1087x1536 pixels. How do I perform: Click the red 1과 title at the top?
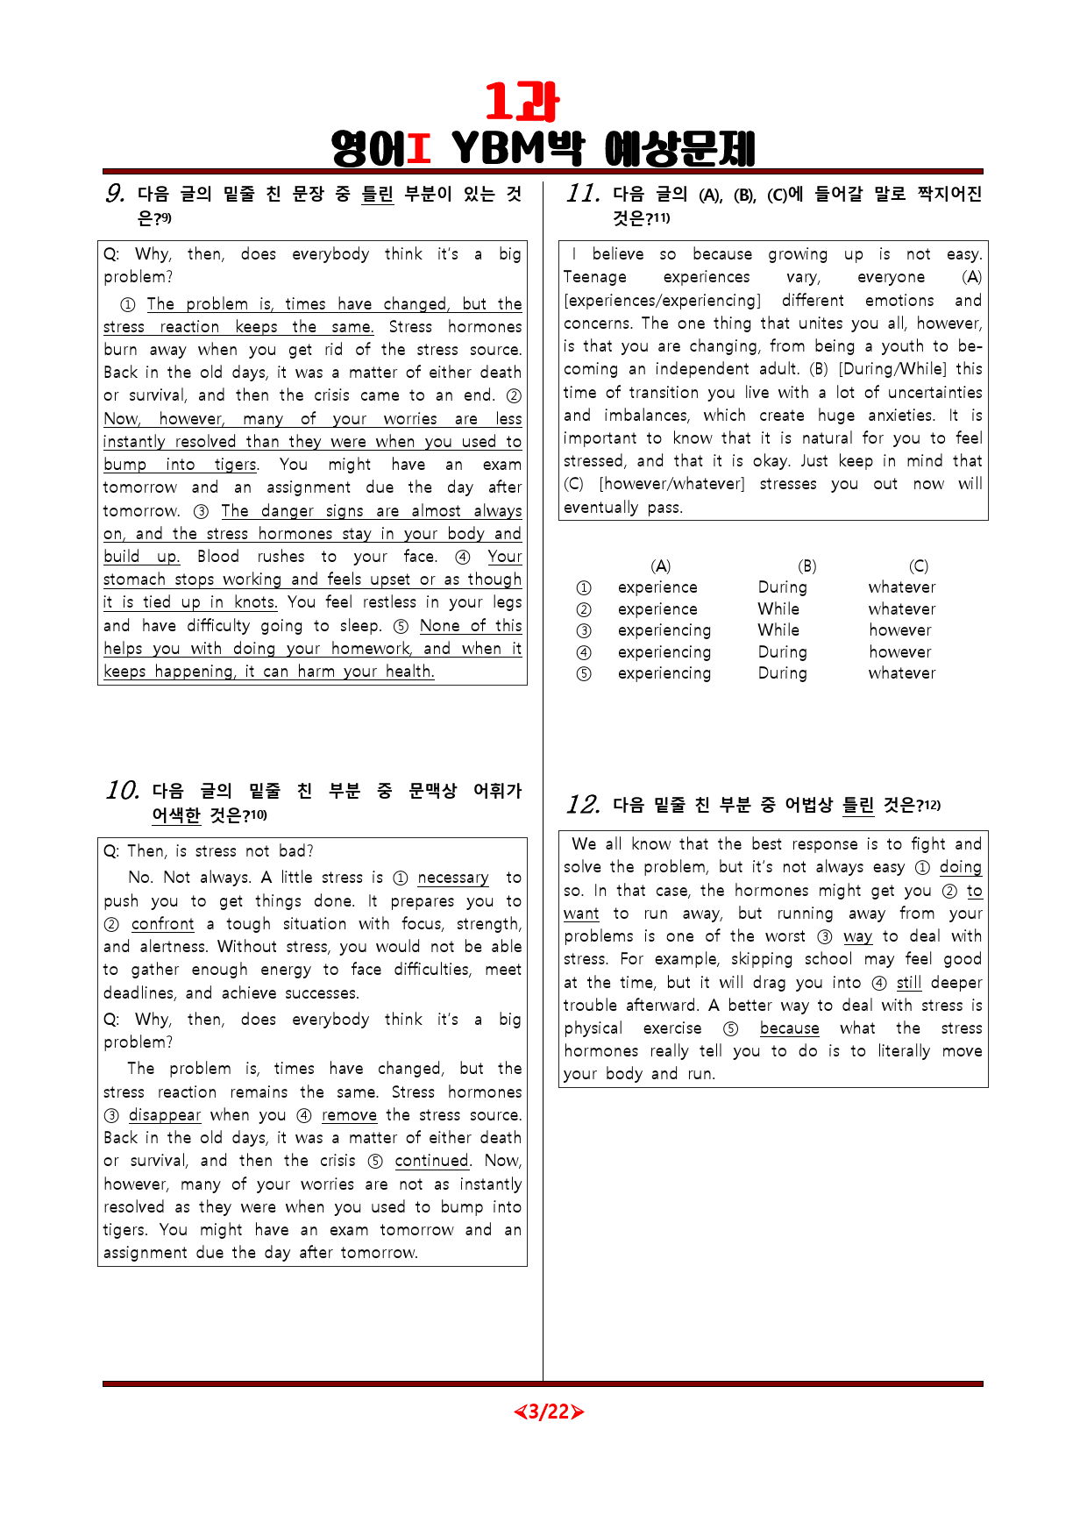pos(522,103)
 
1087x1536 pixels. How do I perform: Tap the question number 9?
pos(115,194)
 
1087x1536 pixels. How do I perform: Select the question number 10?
pos(123,791)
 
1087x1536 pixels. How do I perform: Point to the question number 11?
pos(583,194)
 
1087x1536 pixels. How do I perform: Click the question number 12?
pos(583,805)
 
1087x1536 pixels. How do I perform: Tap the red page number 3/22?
pos(549,1412)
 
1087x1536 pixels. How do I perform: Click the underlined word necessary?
pos(453,878)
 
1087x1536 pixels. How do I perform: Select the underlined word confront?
pos(163,924)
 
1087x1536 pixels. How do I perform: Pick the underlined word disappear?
pos(165,1115)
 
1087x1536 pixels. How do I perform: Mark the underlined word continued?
pos(431,1161)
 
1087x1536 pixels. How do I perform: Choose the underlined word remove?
pos(349,1115)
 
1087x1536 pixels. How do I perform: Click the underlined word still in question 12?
pos(909,983)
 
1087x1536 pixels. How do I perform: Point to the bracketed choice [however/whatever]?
pos(671,484)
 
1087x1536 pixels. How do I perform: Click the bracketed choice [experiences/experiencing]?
pos(663,301)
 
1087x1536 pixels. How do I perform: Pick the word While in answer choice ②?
pos(778,609)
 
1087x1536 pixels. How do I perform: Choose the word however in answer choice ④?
pos(900,652)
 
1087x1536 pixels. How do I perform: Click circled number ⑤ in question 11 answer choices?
pos(584,674)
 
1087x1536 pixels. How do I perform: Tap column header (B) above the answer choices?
pos(807,566)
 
